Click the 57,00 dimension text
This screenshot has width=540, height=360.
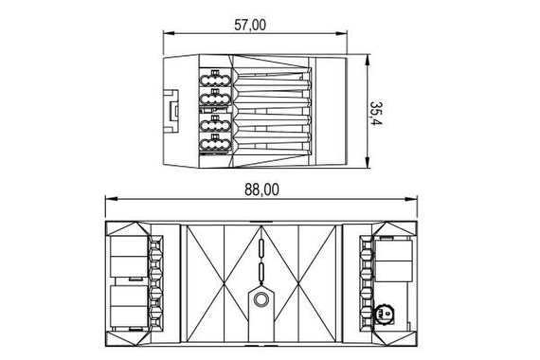tap(254, 27)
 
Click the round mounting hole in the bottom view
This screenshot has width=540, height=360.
tap(260, 302)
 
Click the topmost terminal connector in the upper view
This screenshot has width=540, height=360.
tap(214, 77)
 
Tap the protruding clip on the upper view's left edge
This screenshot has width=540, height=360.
tap(170, 111)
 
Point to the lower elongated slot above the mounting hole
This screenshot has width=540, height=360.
tap(260, 275)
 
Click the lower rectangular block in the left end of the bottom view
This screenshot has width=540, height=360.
tap(127, 305)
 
